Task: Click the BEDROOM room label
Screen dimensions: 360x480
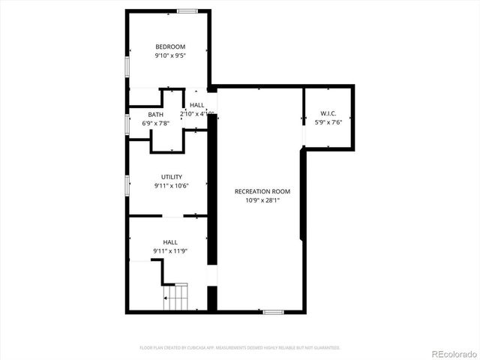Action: pos(170,46)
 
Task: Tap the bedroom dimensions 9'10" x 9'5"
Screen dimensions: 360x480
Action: pos(170,55)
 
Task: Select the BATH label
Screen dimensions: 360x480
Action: pos(156,114)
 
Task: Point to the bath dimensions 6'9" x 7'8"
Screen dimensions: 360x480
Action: pos(156,123)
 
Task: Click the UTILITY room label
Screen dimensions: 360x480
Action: pos(171,177)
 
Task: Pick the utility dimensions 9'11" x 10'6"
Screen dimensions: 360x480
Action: pos(171,185)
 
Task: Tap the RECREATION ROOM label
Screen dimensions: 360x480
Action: pos(262,191)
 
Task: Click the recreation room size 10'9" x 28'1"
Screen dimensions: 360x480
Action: pos(262,200)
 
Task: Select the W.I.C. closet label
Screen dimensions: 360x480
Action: pos(328,113)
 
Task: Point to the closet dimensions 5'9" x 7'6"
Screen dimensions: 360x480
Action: pos(328,122)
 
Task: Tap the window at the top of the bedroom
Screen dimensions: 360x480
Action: pos(187,10)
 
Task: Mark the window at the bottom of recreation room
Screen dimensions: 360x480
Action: pos(273,311)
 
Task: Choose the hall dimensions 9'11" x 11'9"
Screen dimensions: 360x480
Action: pos(170,250)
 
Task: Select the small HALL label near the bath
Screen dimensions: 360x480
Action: pos(197,105)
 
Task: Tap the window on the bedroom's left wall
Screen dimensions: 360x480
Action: pos(127,66)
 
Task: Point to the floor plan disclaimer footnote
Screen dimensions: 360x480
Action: pos(240,347)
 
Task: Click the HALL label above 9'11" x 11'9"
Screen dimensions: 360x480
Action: pos(170,242)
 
